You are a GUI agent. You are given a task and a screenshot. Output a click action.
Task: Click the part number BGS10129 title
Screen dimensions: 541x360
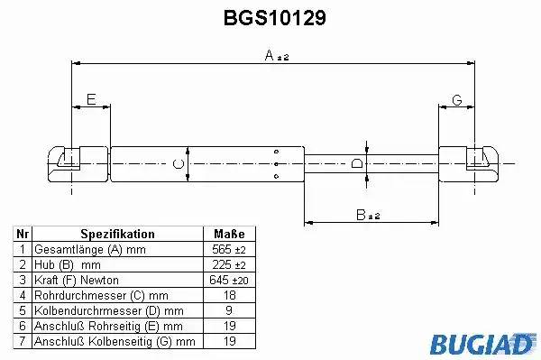point(275,18)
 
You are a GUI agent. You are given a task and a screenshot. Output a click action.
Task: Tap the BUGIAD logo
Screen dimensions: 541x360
point(483,344)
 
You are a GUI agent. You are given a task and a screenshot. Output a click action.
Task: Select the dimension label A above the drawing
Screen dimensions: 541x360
point(269,55)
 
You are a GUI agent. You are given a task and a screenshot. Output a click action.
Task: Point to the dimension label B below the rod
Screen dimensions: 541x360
point(361,215)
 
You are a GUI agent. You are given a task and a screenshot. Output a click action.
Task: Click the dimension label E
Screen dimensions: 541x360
point(91,99)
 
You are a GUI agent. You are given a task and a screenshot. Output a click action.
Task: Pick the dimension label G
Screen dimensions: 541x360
point(457,100)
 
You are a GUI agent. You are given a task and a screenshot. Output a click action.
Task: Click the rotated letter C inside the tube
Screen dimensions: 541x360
point(178,163)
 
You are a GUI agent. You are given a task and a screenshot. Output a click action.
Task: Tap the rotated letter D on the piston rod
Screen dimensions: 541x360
point(357,163)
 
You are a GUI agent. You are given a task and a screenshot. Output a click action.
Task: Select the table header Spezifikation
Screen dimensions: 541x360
point(117,234)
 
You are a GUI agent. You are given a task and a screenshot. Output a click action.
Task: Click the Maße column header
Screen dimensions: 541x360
point(229,234)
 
